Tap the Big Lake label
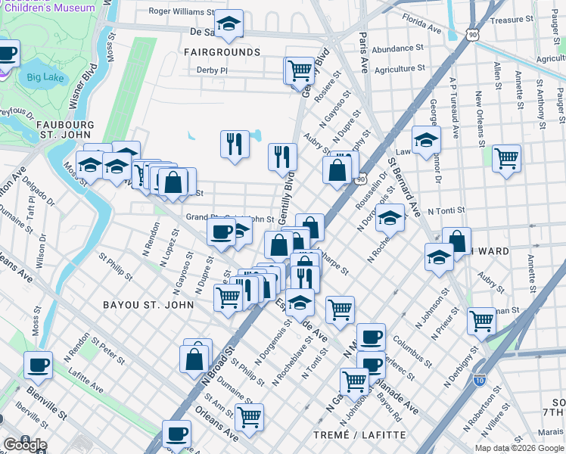(x=45, y=77)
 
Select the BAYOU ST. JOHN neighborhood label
(x=148, y=305)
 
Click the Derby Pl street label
(x=212, y=70)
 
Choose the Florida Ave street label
(x=421, y=23)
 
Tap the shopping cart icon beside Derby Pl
(x=300, y=70)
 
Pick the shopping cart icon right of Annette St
(x=506, y=158)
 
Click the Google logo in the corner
(x=25, y=445)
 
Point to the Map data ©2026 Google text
(x=520, y=448)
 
